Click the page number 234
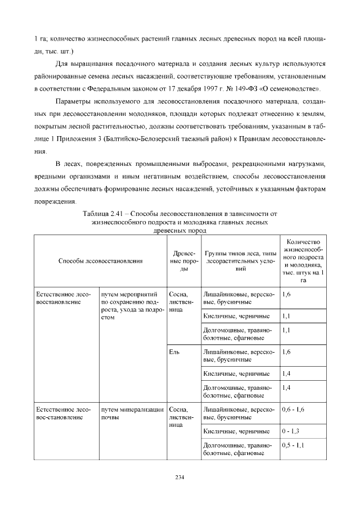[180, 478]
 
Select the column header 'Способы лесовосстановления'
[100, 260]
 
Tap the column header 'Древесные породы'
[181, 260]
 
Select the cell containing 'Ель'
[174, 352]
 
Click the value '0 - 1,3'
[289, 431]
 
